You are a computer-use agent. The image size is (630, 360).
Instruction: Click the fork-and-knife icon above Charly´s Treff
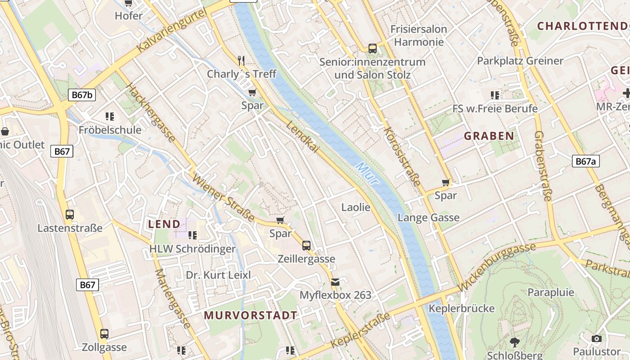pyautogui.click(x=241, y=60)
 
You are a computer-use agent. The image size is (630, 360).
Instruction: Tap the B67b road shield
pyautogui.click(x=82, y=95)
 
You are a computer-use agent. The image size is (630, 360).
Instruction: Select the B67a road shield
pyautogui.click(x=585, y=161)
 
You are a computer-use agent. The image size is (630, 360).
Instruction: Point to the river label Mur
pyautogui.click(x=367, y=173)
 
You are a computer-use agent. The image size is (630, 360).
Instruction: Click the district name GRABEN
pyautogui.click(x=489, y=136)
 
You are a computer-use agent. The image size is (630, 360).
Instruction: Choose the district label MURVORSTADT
pyautogui.click(x=251, y=315)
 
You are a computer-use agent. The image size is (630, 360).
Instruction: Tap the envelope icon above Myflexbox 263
pyautogui.click(x=335, y=282)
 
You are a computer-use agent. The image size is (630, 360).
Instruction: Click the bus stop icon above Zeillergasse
pyautogui.click(x=306, y=246)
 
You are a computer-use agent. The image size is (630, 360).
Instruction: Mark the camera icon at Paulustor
pyautogui.click(x=597, y=338)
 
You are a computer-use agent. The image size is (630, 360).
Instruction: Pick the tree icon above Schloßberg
pyautogui.click(x=514, y=342)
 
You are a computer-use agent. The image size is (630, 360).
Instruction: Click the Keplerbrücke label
pyautogui.click(x=462, y=309)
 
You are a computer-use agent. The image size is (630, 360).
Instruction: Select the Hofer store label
pyautogui.click(x=129, y=16)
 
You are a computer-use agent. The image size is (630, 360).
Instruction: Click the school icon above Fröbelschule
pyautogui.click(x=110, y=117)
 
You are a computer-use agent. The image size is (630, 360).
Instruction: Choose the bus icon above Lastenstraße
pyautogui.click(x=70, y=215)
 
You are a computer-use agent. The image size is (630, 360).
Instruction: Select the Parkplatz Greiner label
pyautogui.click(x=520, y=61)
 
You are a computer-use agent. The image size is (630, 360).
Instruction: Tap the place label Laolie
pyautogui.click(x=355, y=207)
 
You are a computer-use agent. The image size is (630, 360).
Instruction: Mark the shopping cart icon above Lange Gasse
pyautogui.click(x=445, y=182)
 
